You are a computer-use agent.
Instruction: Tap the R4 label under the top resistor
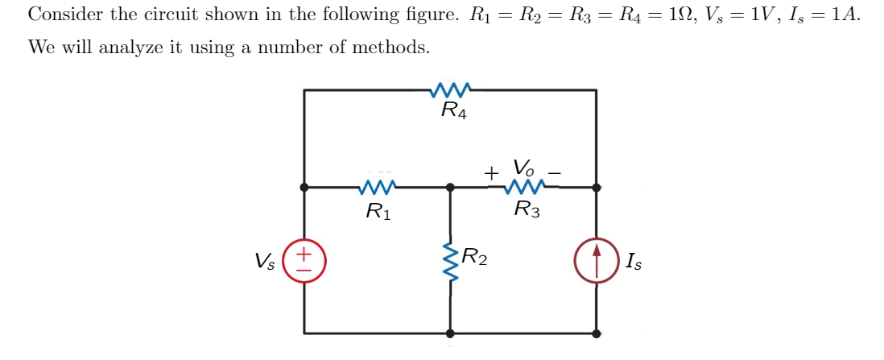[454, 110]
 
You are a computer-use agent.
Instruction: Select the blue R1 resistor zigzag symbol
[378, 188]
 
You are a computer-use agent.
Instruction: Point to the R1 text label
[378, 212]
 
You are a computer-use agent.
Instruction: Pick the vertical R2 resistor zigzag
[450, 259]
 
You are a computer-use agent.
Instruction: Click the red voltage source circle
[304, 261]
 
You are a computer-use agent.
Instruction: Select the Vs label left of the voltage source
[264, 261]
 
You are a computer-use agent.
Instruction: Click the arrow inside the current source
[597, 260]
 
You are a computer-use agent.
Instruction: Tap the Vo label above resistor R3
[524, 168]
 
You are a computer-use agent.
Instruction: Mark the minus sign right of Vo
[555, 172]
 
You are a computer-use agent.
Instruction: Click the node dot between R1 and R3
[450, 187]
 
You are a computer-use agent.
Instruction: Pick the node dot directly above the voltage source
[304, 187]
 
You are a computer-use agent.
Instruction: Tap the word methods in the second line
[393, 48]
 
